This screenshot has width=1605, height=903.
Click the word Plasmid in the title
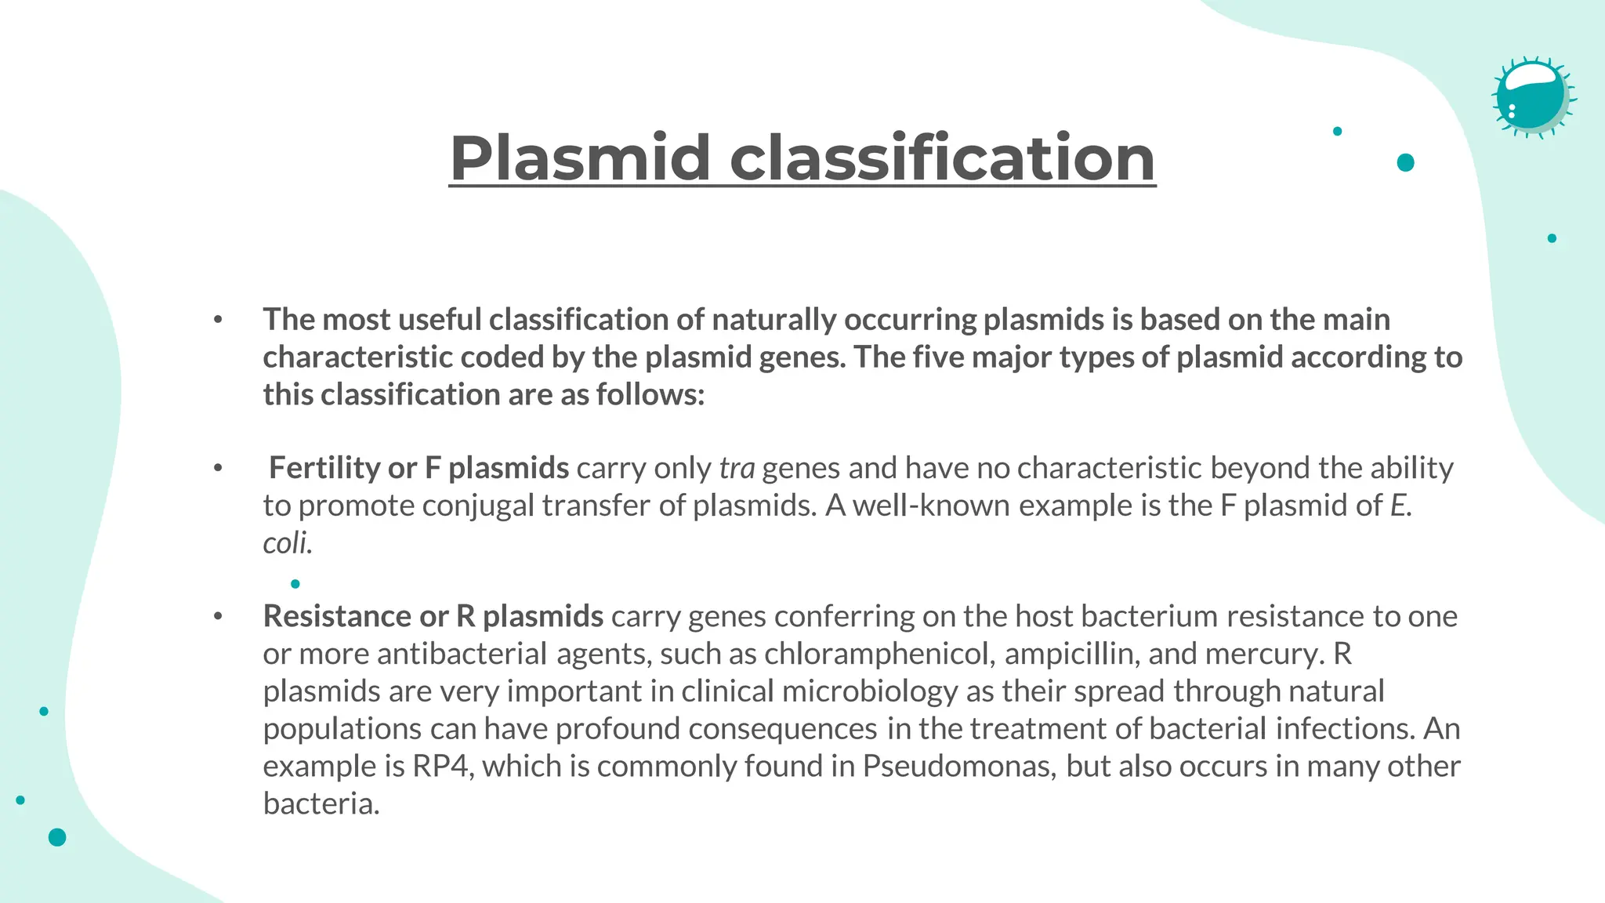pyautogui.click(x=580, y=158)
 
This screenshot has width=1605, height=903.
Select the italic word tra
pyautogui.click(x=737, y=469)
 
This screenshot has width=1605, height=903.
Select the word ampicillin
pyautogui.click(x=1071, y=655)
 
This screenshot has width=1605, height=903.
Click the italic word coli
pyautogui.click(x=287, y=543)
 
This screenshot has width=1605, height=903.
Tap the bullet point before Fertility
pyautogui.click(x=218, y=469)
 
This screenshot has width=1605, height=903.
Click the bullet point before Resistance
pyautogui.click(x=218, y=617)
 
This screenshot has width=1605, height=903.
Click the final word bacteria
pyautogui.click(x=321, y=804)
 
